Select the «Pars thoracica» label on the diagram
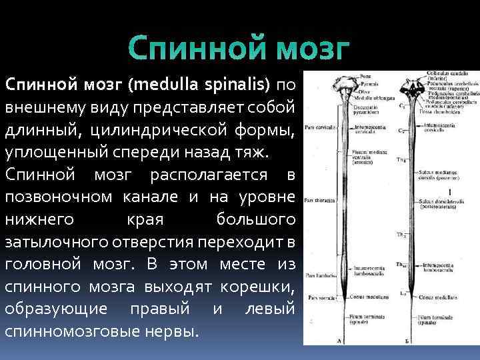(319, 199)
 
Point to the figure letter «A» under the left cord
(342, 341)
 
